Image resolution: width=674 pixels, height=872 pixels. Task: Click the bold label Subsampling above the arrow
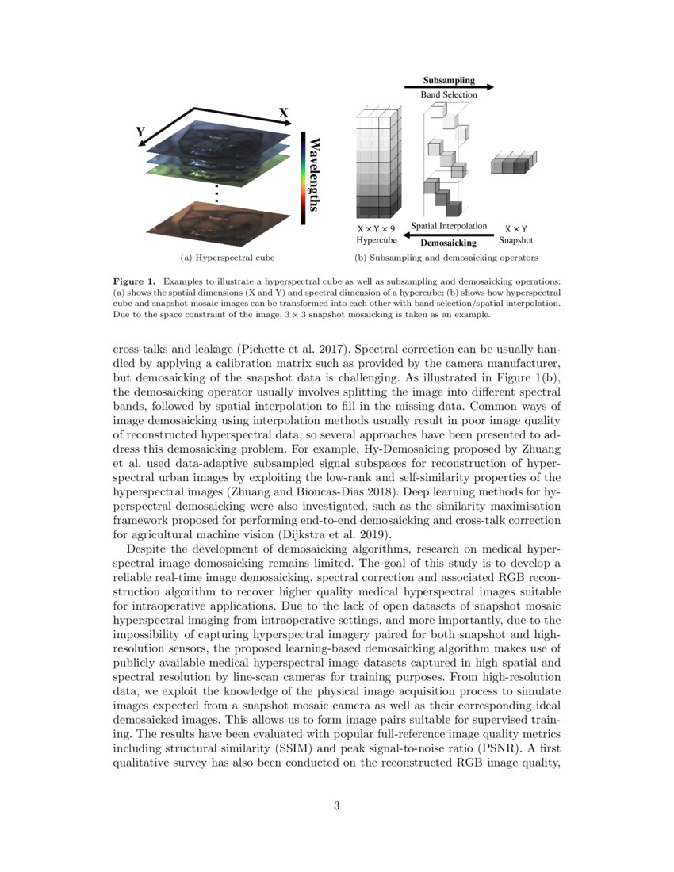449,80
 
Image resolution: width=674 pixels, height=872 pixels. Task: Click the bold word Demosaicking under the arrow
448,243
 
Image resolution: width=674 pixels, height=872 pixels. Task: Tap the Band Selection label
449,94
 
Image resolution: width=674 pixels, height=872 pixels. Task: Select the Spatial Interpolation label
449,227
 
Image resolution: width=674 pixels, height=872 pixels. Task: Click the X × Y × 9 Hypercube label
376,234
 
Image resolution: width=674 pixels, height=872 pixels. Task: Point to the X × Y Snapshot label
516,234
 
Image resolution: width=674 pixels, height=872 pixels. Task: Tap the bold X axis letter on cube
282,113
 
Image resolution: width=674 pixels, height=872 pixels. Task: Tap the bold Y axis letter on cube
140,132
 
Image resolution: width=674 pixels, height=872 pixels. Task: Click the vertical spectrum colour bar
302,178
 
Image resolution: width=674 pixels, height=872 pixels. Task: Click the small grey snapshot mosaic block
509,164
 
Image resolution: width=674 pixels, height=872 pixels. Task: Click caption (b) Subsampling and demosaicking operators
446,258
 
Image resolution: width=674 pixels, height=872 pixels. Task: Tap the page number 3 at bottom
337,806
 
